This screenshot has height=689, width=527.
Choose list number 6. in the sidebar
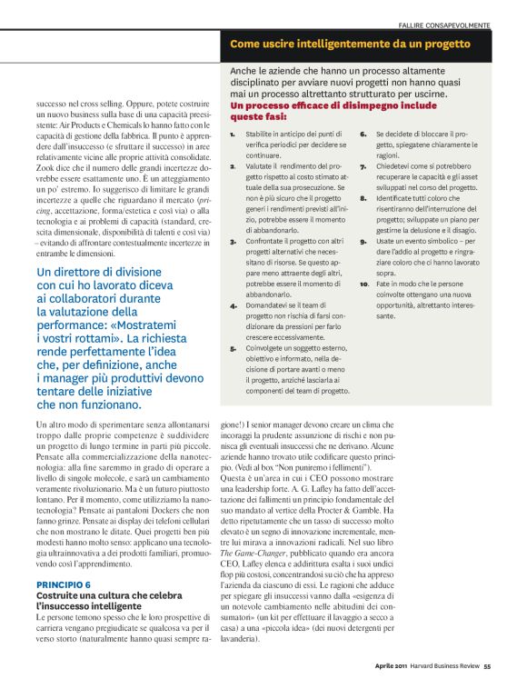pos(363,135)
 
